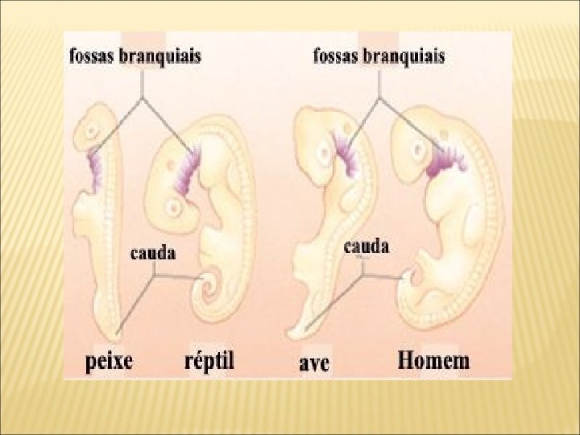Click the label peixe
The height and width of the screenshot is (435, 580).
pyautogui.click(x=109, y=359)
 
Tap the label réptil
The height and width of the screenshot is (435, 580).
pyautogui.click(x=205, y=359)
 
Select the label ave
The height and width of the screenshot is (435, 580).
pyautogui.click(x=310, y=363)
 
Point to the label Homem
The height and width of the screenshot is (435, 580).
pyautogui.click(x=433, y=360)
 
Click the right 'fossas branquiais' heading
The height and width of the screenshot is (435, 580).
pyautogui.click(x=377, y=56)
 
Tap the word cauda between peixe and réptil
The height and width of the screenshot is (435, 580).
pyautogui.click(x=153, y=253)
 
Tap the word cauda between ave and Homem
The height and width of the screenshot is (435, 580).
pyautogui.click(x=367, y=246)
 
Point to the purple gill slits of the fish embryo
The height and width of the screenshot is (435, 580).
pyautogui.click(x=95, y=165)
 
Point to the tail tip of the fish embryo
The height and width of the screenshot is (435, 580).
pyautogui.click(x=119, y=331)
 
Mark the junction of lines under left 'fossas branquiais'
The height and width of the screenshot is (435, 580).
pyautogui.click(x=143, y=99)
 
